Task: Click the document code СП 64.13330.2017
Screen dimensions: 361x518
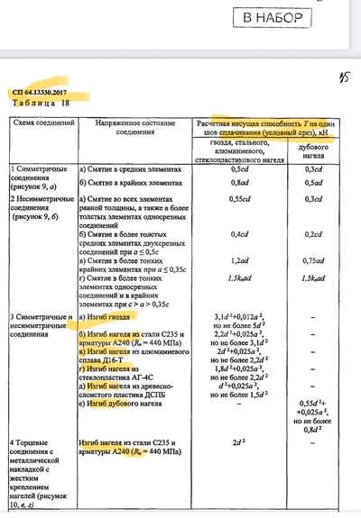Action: click(x=42, y=93)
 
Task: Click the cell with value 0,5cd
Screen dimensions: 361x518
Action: click(x=238, y=169)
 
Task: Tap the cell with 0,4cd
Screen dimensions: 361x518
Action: click(x=238, y=235)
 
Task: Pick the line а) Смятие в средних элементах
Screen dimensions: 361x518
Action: click(x=135, y=169)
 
